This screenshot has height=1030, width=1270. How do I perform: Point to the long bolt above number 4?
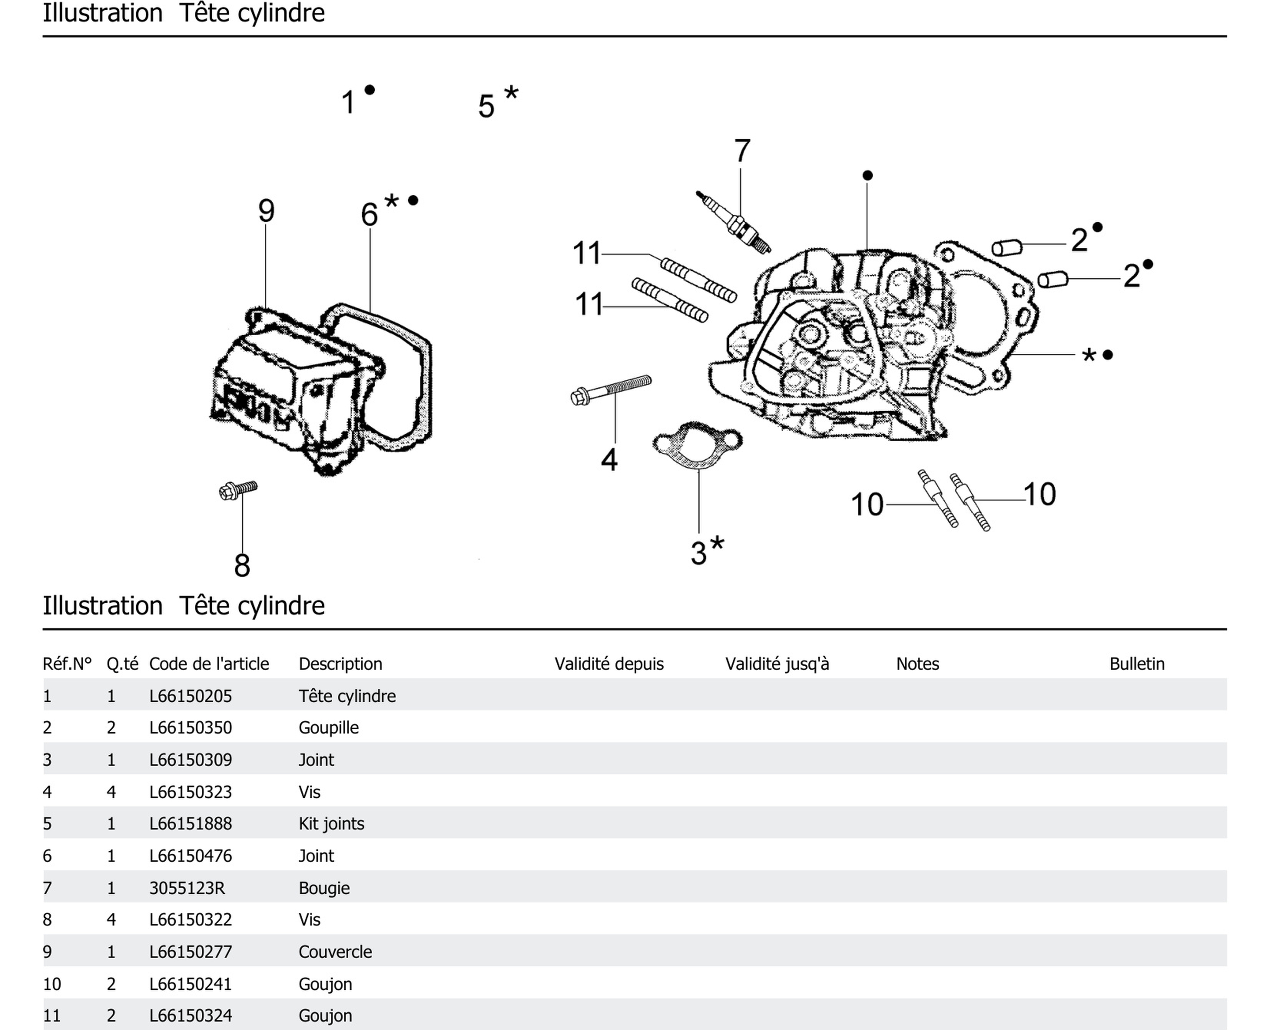(x=611, y=389)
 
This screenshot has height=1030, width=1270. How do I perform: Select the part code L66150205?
(x=191, y=696)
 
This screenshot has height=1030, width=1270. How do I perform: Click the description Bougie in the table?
(x=324, y=888)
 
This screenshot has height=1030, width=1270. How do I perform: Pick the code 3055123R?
(x=187, y=888)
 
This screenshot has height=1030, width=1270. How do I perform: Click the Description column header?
(x=340, y=664)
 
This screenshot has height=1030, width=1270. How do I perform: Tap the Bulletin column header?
(x=1136, y=664)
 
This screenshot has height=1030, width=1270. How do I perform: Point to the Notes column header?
(x=917, y=664)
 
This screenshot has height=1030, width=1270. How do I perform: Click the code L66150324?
(x=191, y=1016)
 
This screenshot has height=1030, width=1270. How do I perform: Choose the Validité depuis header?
(x=609, y=664)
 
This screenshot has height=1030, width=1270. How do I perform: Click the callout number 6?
(x=369, y=214)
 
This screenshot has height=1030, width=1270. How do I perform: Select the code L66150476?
(x=191, y=856)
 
